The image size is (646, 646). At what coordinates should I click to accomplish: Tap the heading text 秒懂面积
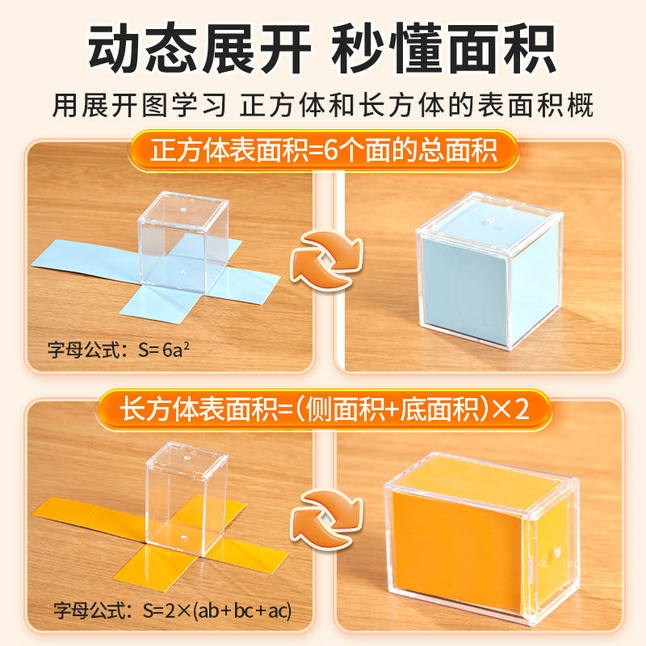[x=445, y=50]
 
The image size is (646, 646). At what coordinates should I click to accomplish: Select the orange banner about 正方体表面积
[x=324, y=151]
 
